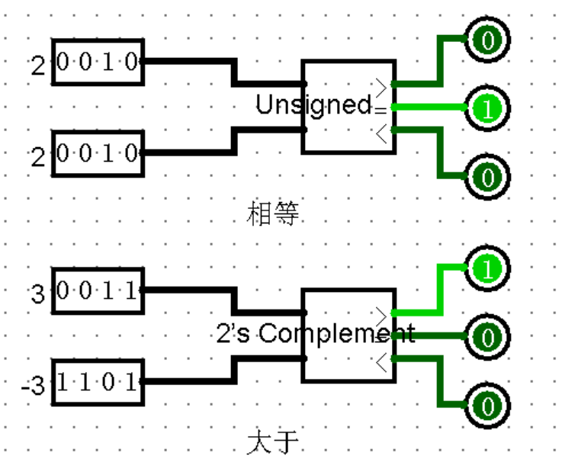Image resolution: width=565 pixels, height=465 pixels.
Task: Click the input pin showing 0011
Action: click(x=98, y=291)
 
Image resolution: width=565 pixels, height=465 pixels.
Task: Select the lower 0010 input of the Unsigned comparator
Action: click(x=98, y=153)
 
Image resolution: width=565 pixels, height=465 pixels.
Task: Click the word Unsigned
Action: click(x=313, y=105)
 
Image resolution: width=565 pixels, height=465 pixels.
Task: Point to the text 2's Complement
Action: click(x=315, y=333)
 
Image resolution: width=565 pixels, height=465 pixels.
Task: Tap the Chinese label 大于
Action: click(x=271, y=442)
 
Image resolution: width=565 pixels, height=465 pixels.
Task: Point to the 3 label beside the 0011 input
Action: click(x=38, y=294)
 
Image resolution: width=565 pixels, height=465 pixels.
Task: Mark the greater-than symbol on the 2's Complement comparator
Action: click(x=382, y=311)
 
